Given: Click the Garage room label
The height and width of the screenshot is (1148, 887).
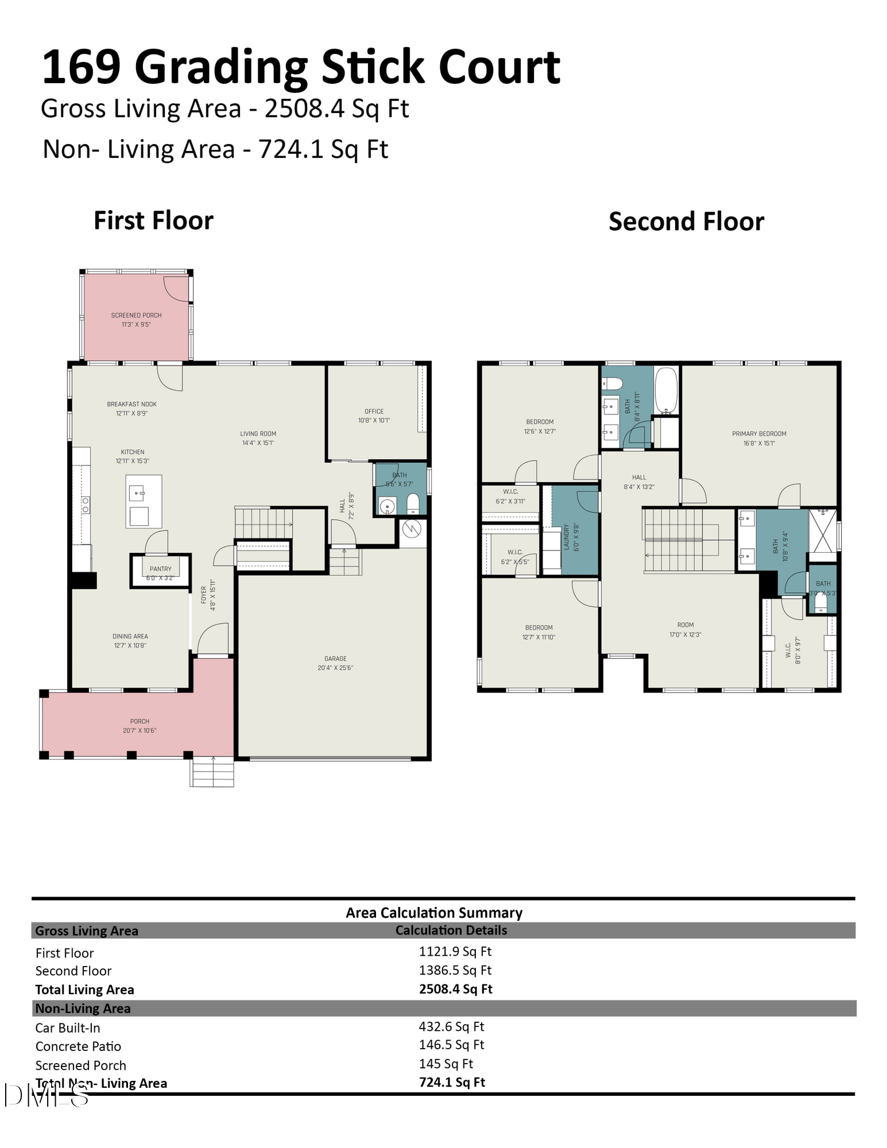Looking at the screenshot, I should pos(335,659).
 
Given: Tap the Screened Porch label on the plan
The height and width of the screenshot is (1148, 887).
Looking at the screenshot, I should pos(136,316).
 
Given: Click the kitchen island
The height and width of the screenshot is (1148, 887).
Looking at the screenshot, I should pos(144,501).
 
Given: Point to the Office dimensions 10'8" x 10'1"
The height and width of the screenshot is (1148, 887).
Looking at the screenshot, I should pos(374,421).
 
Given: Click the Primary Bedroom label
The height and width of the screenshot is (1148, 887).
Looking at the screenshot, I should pos(759,434).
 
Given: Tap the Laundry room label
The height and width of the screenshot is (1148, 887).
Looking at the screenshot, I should pos(567,537).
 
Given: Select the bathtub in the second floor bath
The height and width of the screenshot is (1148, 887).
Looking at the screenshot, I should pos(666,390).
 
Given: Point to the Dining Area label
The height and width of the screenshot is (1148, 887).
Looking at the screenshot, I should pos(130,637).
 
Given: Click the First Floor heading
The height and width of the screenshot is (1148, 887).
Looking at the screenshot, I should pos(153,221).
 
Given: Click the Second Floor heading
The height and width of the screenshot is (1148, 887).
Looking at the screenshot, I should pos(686,222).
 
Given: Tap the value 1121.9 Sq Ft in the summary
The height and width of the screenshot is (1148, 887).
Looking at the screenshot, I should pos(455,952).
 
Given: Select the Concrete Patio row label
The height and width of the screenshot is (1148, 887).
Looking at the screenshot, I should pos(78,1046).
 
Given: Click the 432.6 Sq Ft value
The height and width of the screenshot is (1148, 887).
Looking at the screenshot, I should pos(451,1027).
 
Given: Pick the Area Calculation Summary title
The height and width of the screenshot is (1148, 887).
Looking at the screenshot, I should pos(433,913).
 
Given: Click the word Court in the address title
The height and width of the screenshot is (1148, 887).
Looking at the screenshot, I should pos(499,68).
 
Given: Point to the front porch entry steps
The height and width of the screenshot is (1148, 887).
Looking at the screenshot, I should pos(212,771).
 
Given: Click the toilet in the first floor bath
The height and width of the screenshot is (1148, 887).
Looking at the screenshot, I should pos(413,505).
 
